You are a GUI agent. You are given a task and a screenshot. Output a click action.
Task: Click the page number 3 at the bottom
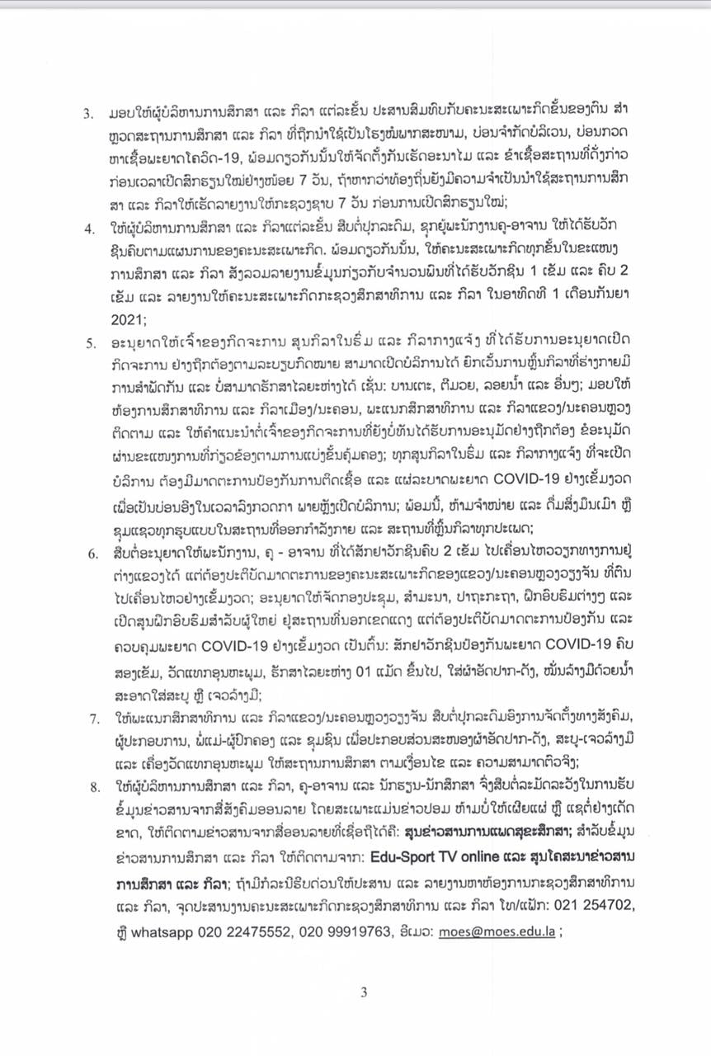(x=363, y=992)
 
